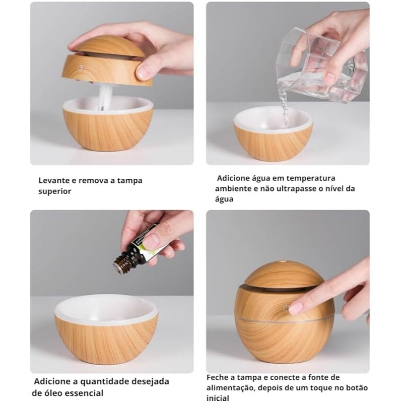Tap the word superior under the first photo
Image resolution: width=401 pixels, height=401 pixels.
(55, 191)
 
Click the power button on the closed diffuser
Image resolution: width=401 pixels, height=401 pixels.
(287, 308)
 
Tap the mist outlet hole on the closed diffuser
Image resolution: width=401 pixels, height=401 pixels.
(283, 262)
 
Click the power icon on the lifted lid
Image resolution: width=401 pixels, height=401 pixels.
(80, 68)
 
